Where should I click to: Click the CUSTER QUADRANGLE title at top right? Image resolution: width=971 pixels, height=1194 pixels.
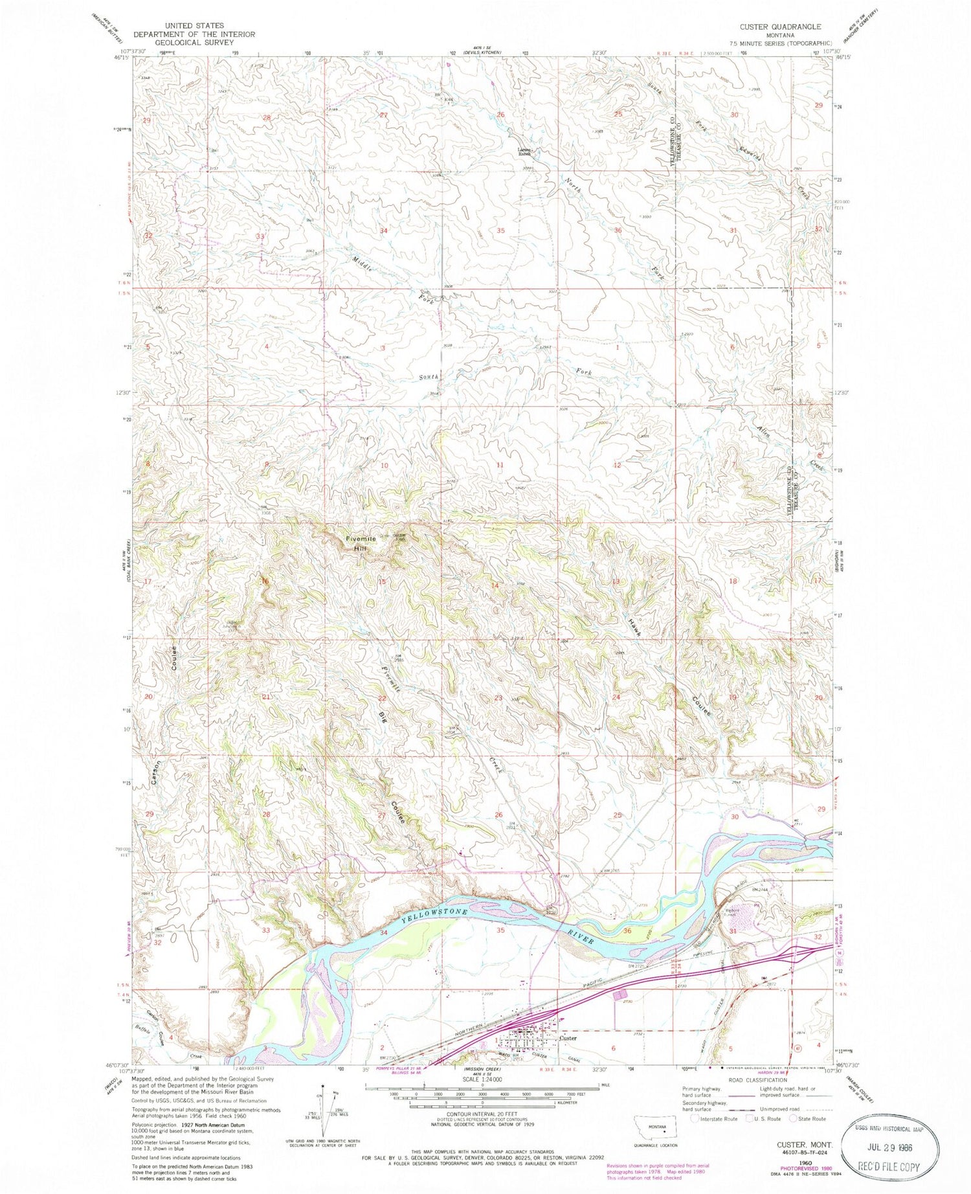click(771, 27)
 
